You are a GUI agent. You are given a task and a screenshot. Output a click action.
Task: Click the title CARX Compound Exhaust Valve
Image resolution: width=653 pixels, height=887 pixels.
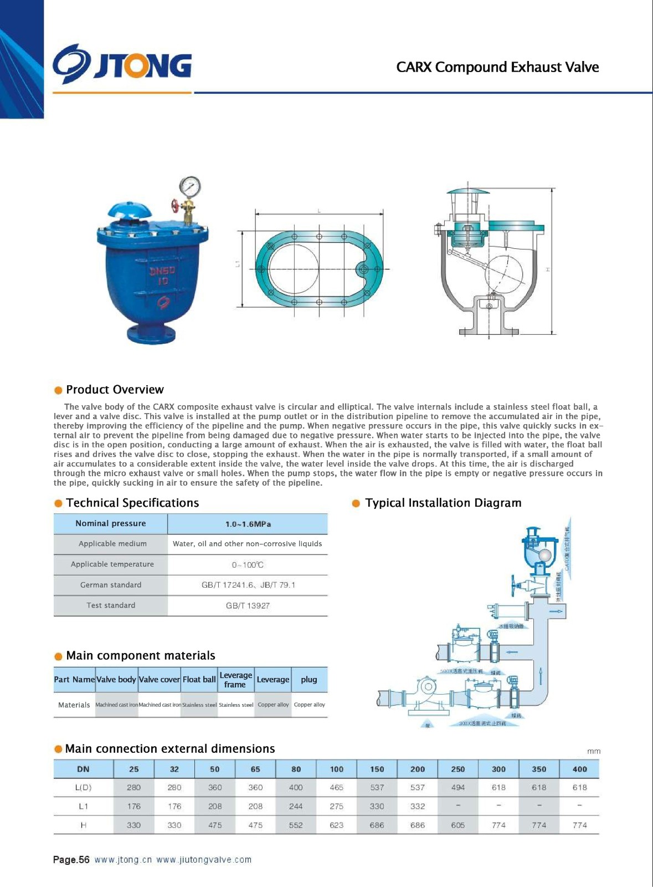(x=497, y=67)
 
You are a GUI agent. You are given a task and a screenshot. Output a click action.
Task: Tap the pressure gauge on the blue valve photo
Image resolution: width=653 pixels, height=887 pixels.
(x=190, y=187)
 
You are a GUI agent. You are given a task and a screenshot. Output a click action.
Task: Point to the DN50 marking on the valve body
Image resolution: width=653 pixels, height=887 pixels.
(x=163, y=271)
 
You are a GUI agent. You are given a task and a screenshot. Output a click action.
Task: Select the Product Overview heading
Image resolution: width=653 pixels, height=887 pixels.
(x=115, y=389)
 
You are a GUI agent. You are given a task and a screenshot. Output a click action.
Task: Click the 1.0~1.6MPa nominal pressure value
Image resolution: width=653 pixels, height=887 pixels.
(x=248, y=524)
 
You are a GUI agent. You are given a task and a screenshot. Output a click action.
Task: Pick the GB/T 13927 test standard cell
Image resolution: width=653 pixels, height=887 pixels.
(x=248, y=605)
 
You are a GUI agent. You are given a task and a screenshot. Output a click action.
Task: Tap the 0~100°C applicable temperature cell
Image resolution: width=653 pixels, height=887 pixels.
(x=248, y=565)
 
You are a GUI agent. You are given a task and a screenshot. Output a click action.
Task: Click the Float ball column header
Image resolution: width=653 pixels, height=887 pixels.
(x=199, y=680)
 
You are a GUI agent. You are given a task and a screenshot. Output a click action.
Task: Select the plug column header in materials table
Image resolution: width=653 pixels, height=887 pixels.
(x=309, y=680)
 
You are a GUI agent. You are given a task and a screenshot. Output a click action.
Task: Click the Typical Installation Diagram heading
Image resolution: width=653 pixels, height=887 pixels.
(x=443, y=503)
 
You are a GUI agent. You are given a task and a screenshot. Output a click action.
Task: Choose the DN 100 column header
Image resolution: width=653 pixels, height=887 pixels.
(x=337, y=769)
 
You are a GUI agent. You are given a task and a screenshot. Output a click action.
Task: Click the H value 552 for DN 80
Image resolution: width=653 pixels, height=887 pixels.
(x=296, y=825)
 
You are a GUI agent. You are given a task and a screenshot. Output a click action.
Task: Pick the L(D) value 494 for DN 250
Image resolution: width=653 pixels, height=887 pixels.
(x=458, y=787)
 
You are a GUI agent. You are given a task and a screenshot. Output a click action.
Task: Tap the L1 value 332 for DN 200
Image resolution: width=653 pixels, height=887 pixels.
(x=418, y=806)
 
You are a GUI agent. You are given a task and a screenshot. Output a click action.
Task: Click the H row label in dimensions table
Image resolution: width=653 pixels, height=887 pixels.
(x=83, y=825)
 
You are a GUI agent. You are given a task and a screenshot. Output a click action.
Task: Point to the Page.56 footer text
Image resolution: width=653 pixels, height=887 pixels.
(x=71, y=860)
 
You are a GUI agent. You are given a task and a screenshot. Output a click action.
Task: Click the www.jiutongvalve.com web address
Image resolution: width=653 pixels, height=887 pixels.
(x=204, y=860)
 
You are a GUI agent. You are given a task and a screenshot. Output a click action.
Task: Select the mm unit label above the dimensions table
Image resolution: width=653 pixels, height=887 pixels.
(x=593, y=751)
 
